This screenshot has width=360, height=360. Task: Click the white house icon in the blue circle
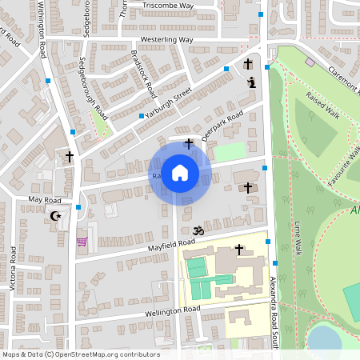[180, 172]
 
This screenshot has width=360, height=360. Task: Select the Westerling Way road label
[166, 38]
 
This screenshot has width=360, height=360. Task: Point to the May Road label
[44, 198]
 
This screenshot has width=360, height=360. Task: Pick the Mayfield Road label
[170, 243]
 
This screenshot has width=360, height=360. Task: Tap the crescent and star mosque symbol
[56, 216]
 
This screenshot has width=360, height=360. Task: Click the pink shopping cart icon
[81, 242]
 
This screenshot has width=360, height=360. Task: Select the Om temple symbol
[199, 230]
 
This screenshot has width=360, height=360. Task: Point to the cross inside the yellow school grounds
[238, 250]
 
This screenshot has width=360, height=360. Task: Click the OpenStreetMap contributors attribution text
[80, 354]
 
